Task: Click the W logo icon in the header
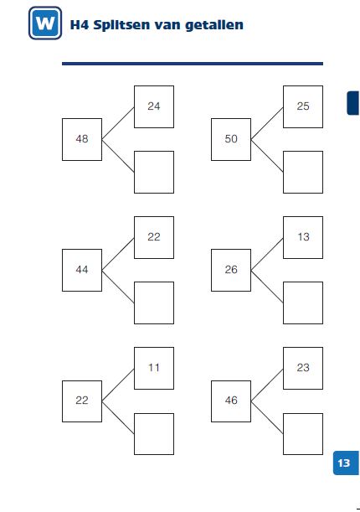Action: coord(45,23)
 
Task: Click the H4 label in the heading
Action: coord(80,25)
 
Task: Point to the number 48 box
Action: coord(82,139)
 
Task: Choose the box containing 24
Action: coord(154,106)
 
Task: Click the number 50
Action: coord(231,139)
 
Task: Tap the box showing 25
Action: coord(303,106)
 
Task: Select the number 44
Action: coord(82,269)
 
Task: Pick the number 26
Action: coord(231,269)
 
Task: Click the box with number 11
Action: coord(154,368)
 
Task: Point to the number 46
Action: coord(231,400)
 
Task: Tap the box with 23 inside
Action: coord(303,368)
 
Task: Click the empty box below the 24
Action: coord(154,172)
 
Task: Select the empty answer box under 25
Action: coord(303,172)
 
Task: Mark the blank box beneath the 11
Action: coord(154,434)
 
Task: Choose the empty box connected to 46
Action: coord(303,434)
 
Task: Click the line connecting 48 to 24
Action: coord(118,123)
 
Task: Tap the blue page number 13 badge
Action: coord(346,463)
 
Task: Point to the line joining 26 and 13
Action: coord(267,254)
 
